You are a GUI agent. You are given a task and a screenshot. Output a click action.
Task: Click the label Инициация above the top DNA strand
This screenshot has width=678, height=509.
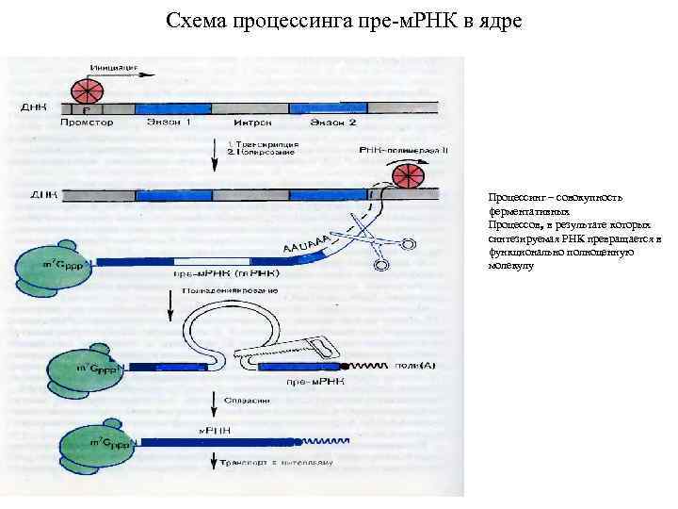pyautogui.click(x=115, y=67)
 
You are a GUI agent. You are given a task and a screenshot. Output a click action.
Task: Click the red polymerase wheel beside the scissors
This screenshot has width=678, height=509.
pyautogui.click(x=410, y=176)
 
